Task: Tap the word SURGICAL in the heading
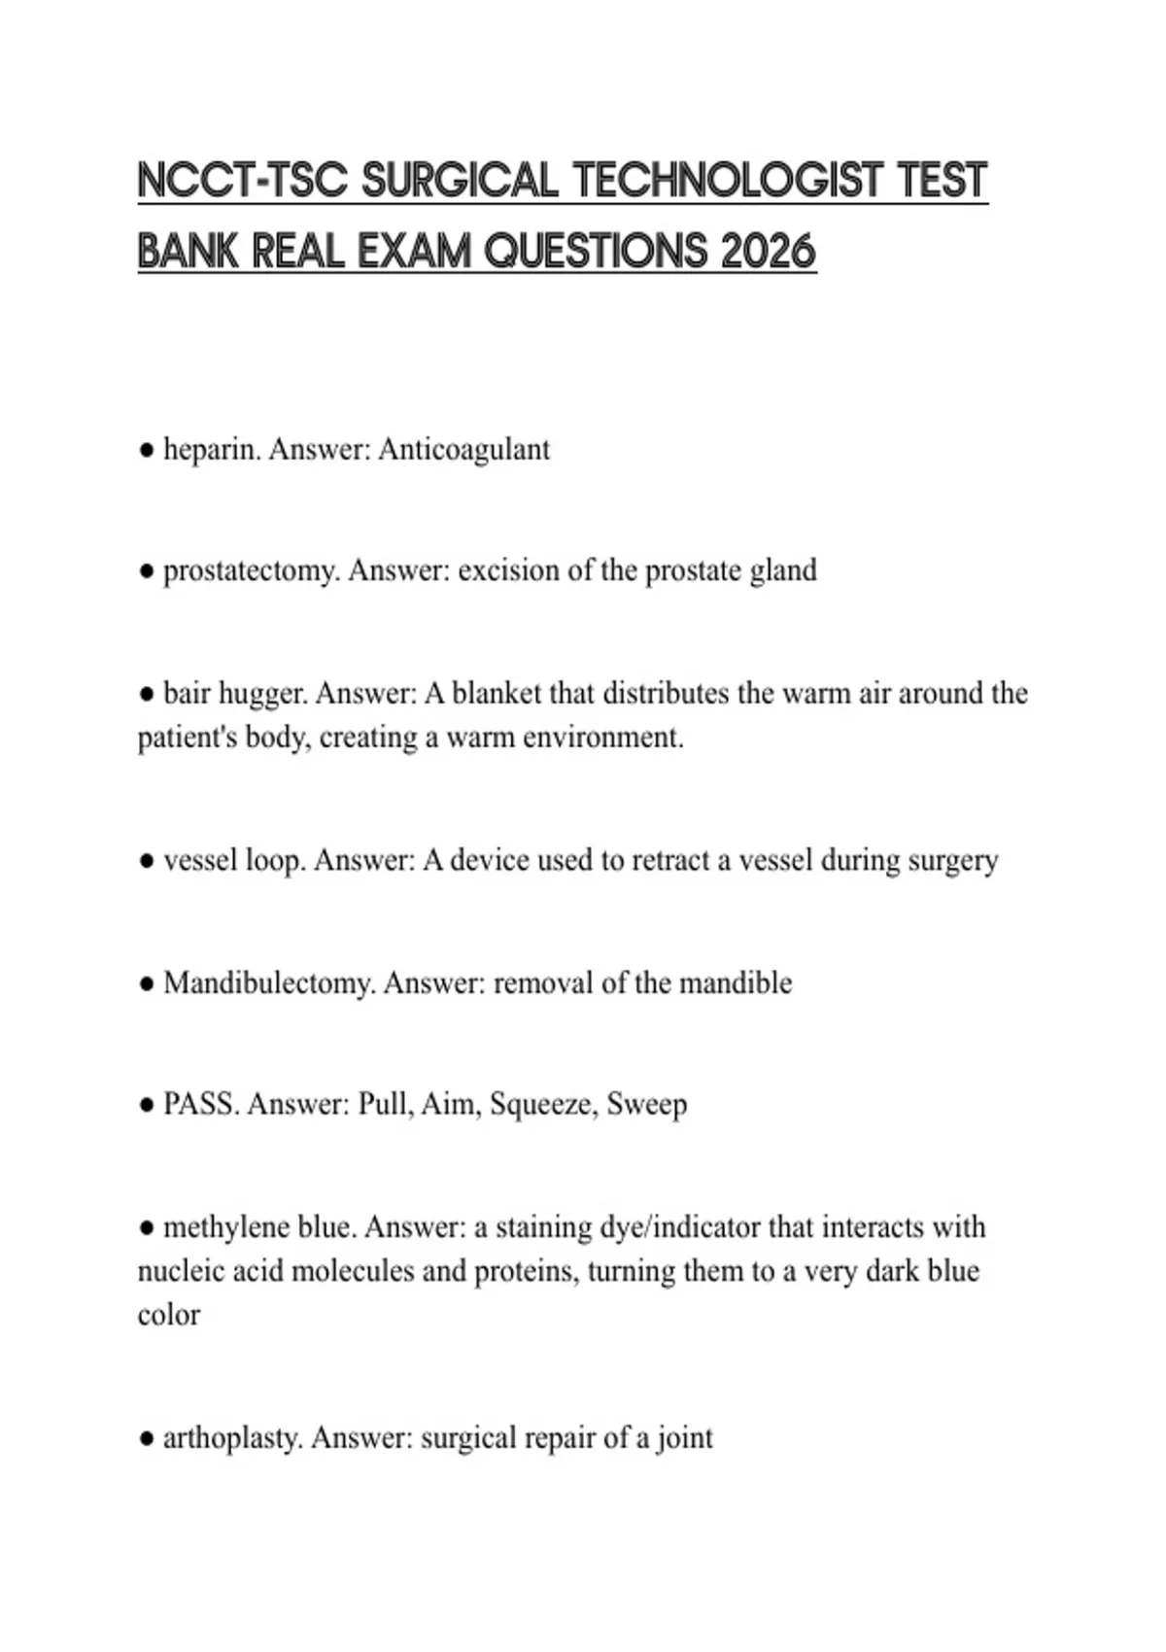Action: tap(459, 181)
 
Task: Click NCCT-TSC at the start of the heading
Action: tap(242, 181)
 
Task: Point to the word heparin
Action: tap(211, 450)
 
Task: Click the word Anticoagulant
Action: tap(463, 450)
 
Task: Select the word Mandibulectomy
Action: tap(269, 983)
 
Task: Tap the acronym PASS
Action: tap(200, 1105)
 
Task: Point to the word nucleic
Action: tap(177, 1271)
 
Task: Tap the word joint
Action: tap(685, 1438)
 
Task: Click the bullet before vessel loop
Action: tap(147, 862)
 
